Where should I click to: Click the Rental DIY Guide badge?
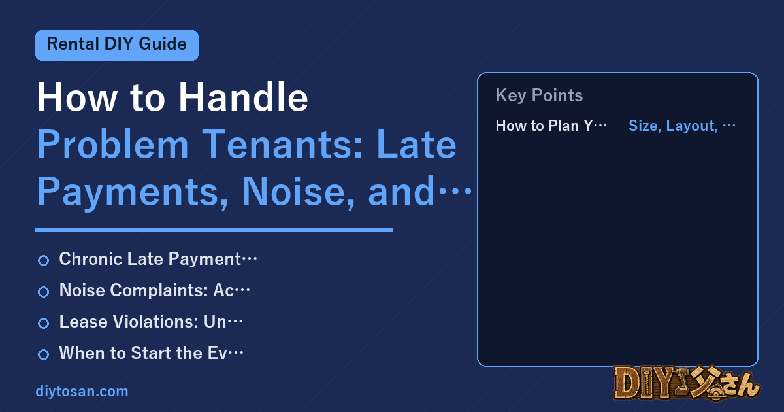pyautogui.click(x=117, y=45)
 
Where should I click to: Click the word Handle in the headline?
pyautogui.click(x=243, y=97)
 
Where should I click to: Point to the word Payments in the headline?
pyautogui.click(x=133, y=193)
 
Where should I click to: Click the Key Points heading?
pyautogui.click(x=539, y=95)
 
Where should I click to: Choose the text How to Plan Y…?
pyautogui.click(x=551, y=126)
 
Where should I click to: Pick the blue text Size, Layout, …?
pyautogui.click(x=682, y=126)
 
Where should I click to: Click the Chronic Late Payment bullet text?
pyautogui.click(x=158, y=259)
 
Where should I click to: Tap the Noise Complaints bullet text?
pyautogui.click(x=154, y=290)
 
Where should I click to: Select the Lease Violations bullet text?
pyautogui.click(x=151, y=322)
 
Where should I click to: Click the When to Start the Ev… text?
pyautogui.click(x=151, y=352)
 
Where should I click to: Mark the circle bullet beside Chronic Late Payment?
pyautogui.click(x=43, y=260)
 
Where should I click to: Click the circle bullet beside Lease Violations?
pyautogui.click(x=43, y=323)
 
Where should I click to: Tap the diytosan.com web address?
pyautogui.click(x=82, y=391)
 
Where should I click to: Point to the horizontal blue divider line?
pyautogui.click(x=214, y=230)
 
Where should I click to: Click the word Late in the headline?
pyautogui.click(x=417, y=145)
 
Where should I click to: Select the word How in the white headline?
pyautogui.click(x=77, y=97)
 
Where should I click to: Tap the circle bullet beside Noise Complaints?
pyautogui.click(x=43, y=292)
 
